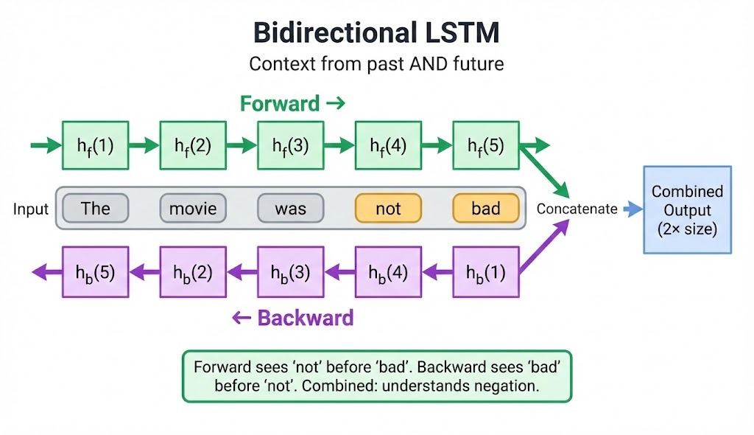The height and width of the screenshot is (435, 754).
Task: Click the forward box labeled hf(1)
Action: coord(95,146)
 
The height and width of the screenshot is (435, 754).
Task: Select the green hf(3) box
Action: coord(290,146)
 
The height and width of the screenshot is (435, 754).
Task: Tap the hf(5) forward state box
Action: coord(486,146)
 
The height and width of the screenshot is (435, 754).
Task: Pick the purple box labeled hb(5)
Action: coord(95,271)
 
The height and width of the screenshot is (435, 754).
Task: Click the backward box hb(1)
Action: coord(486,271)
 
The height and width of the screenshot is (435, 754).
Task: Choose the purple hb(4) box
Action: coord(388,271)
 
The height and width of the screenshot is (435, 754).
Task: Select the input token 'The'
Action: coord(95,209)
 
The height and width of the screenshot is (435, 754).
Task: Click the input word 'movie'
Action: coord(193,209)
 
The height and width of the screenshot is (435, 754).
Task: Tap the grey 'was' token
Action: coord(290,209)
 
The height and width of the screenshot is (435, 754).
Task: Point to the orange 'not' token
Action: coord(388,209)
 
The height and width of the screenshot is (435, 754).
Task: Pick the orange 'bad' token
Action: coord(486,209)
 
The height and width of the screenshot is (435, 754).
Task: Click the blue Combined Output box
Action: coord(687,210)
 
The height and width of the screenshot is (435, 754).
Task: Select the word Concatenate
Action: coord(577,209)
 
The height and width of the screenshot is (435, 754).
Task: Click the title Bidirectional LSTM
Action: coord(376,33)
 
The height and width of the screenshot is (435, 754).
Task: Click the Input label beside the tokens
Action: coord(31,209)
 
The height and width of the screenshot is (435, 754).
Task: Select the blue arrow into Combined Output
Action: coord(633,209)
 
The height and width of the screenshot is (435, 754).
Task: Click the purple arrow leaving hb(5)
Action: coord(46,271)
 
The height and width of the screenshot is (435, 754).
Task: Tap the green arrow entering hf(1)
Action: coord(46,146)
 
